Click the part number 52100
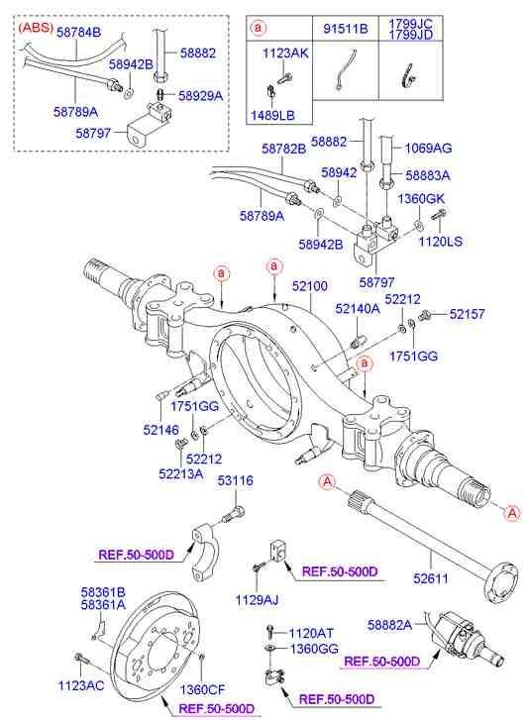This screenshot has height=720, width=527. pyautogui.click(x=309, y=285)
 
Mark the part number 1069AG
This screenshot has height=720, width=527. pyautogui.click(x=428, y=148)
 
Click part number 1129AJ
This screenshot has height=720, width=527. pyautogui.click(x=257, y=600)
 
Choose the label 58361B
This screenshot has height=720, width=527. pyautogui.click(x=103, y=591)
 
